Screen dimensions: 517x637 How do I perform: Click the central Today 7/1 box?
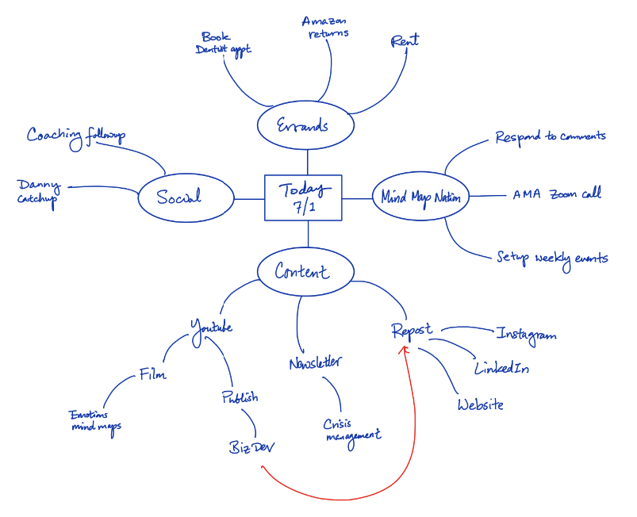pyautogui.click(x=303, y=197)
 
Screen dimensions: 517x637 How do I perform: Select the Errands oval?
pyautogui.click(x=304, y=126)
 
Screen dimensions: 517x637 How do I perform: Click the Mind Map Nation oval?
pyautogui.click(x=421, y=197)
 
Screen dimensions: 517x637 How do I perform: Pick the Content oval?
pyautogui.click(x=305, y=272)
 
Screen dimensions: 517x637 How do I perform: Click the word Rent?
pyautogui.click(x=405, y=40)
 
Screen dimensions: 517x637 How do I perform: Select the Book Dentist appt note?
pyautogui.click(x=223, y=43)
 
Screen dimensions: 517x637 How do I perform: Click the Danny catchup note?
pyautogui.click(x=39, y=191)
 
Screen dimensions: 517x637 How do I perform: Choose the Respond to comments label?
pyautogui.click(x=550, y=136)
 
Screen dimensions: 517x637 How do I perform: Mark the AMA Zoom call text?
pyautogui.click(x=556, y=193)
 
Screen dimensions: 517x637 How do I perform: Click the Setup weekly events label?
pyautogui.click(x=552, y=258)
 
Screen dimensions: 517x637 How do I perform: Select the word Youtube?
pyautogui.click(x=210, y=326)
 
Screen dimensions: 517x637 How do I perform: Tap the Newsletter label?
pyautogui.click(x=315, y=363)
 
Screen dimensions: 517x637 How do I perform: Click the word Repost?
pyautogui.click(x=413, y=330)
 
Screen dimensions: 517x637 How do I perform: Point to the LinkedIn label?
pyautogui.click(x=501, y=369)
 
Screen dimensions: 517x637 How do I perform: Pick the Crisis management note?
pyautogui.click(x=352, y=429)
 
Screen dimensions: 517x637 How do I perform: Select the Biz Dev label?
pyautogui.click(x=251, y=447)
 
